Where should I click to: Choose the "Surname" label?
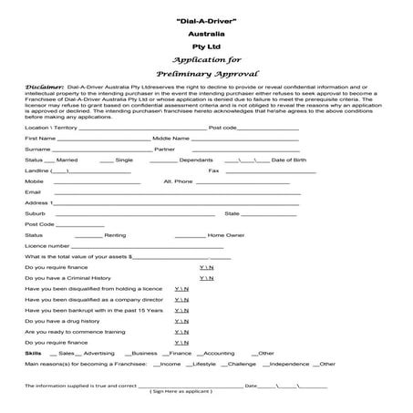38,148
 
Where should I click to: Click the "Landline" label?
38,170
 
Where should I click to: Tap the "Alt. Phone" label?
178,181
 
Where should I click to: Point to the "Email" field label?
33,191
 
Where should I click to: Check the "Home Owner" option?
228,234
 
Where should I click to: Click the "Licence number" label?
47,245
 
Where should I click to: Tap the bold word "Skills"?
34,352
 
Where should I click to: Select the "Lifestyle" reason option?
203,363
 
